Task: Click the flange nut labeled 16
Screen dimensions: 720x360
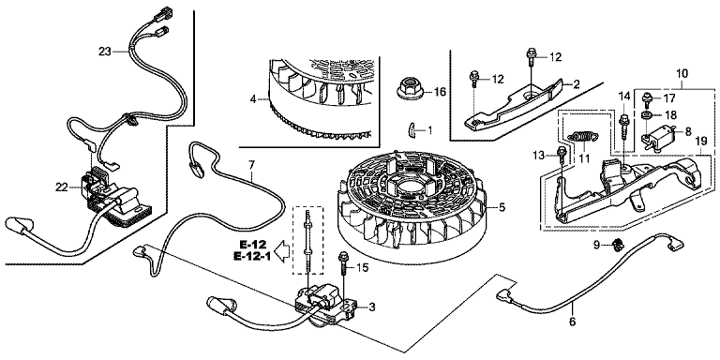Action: point(411,89)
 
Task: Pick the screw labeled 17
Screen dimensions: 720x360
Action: point(648,99)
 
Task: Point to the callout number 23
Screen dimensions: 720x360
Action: point(105,52)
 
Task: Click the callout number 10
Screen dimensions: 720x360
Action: point(682,73)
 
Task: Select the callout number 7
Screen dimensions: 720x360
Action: point(251,165)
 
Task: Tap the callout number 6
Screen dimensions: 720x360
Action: point(572,322)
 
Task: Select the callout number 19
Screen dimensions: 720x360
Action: point(701,142)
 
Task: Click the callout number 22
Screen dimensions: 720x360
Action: point(62,187)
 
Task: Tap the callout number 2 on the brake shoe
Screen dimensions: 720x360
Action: point(577,84)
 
